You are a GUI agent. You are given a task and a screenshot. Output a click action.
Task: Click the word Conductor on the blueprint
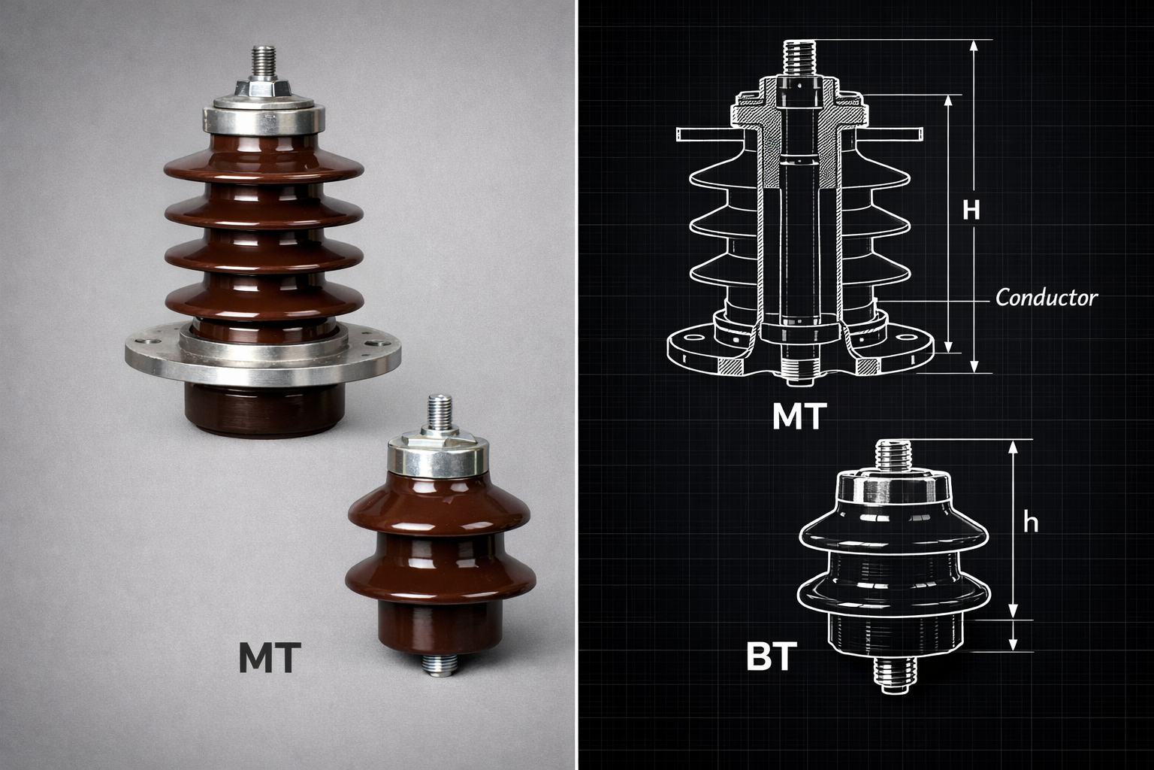(x=1046, y=298)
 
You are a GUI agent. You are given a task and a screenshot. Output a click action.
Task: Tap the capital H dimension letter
(x=971, y=210)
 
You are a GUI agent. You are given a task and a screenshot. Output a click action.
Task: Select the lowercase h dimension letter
(x=1030, y=523)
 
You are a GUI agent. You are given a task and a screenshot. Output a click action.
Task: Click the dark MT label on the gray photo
(x=270, y=657)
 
